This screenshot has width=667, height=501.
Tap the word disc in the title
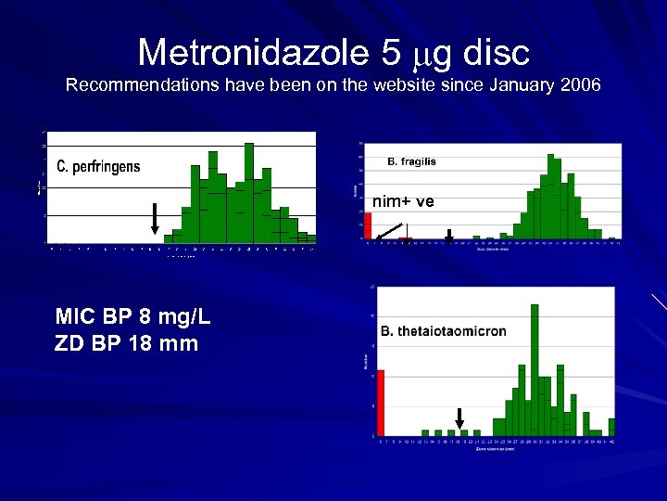(497, 53)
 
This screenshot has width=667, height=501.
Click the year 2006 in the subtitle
(580, 85)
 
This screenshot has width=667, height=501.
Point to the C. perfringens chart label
(99, 167)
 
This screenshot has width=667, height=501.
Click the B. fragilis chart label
(411, 161)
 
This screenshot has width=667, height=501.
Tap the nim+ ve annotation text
(403, 201)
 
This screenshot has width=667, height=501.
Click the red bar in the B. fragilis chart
(367, 225)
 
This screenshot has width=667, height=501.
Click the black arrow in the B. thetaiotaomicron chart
(459, 417)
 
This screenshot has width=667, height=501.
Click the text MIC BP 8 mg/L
(132, 318)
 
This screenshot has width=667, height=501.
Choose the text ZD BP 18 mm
(127, 344)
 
